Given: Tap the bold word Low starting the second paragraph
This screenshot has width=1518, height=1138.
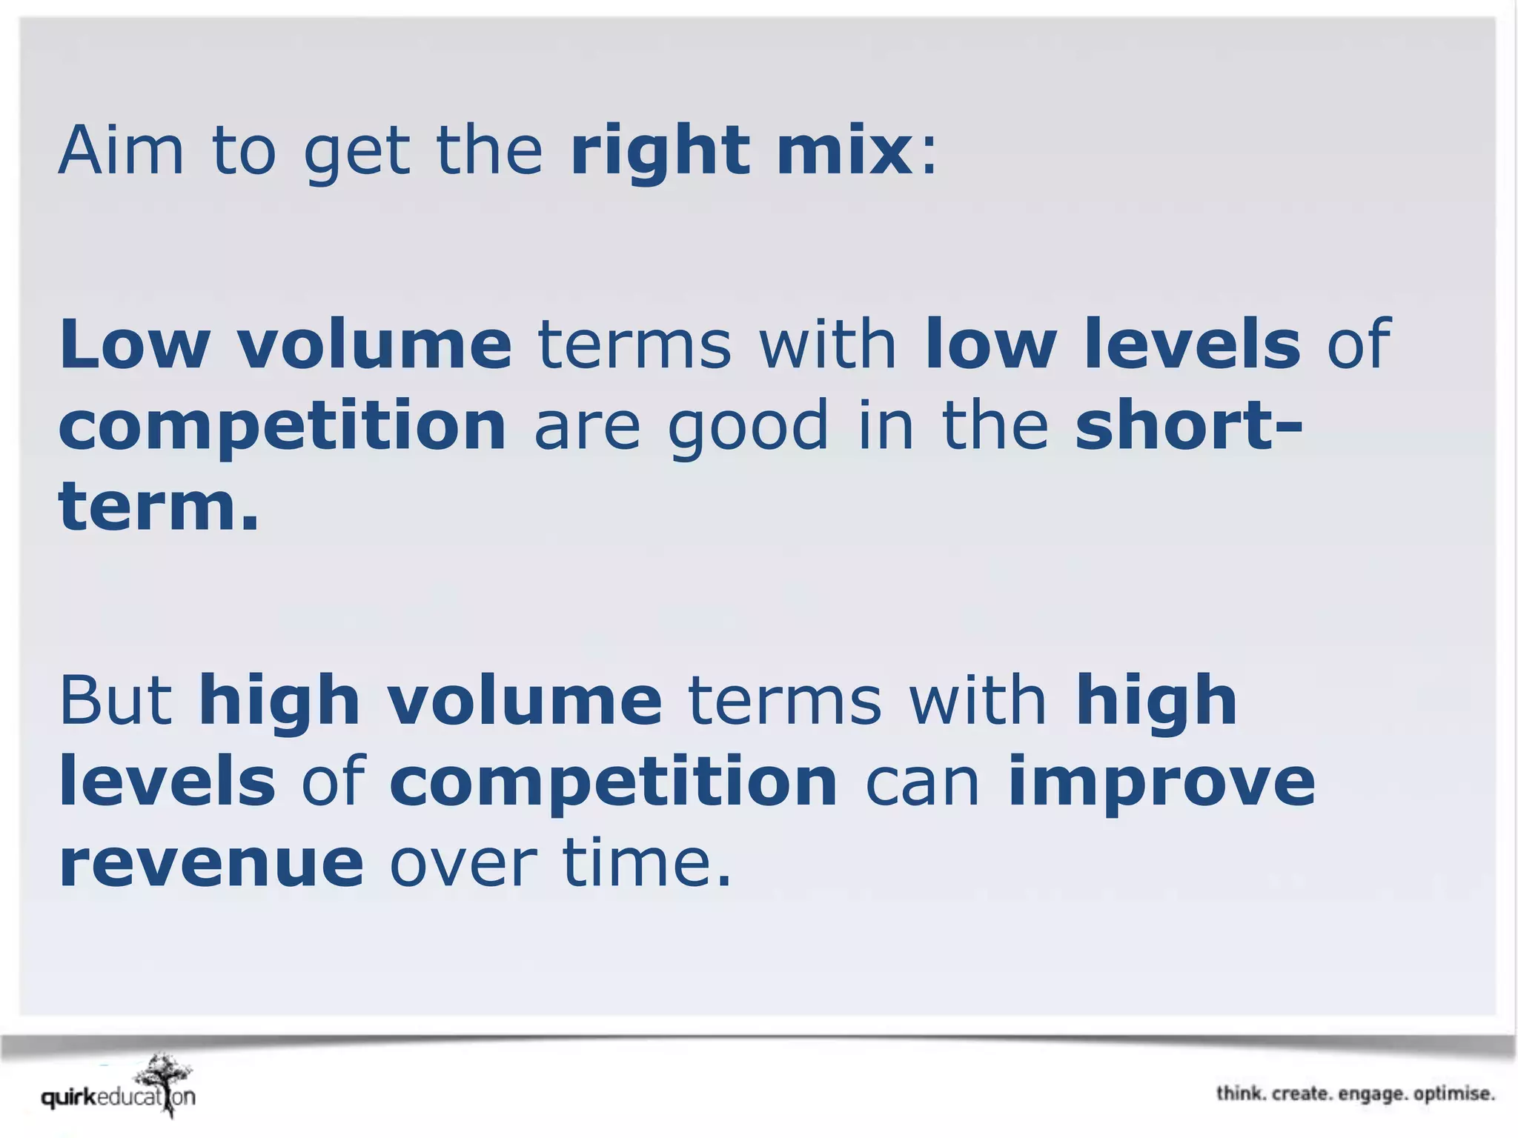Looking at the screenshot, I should coord(134,344).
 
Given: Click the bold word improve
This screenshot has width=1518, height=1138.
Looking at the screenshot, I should coord(1161,784).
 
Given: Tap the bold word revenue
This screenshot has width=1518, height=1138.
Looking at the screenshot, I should coord(211,864).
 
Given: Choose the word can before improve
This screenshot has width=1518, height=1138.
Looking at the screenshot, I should coord(923,784).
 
